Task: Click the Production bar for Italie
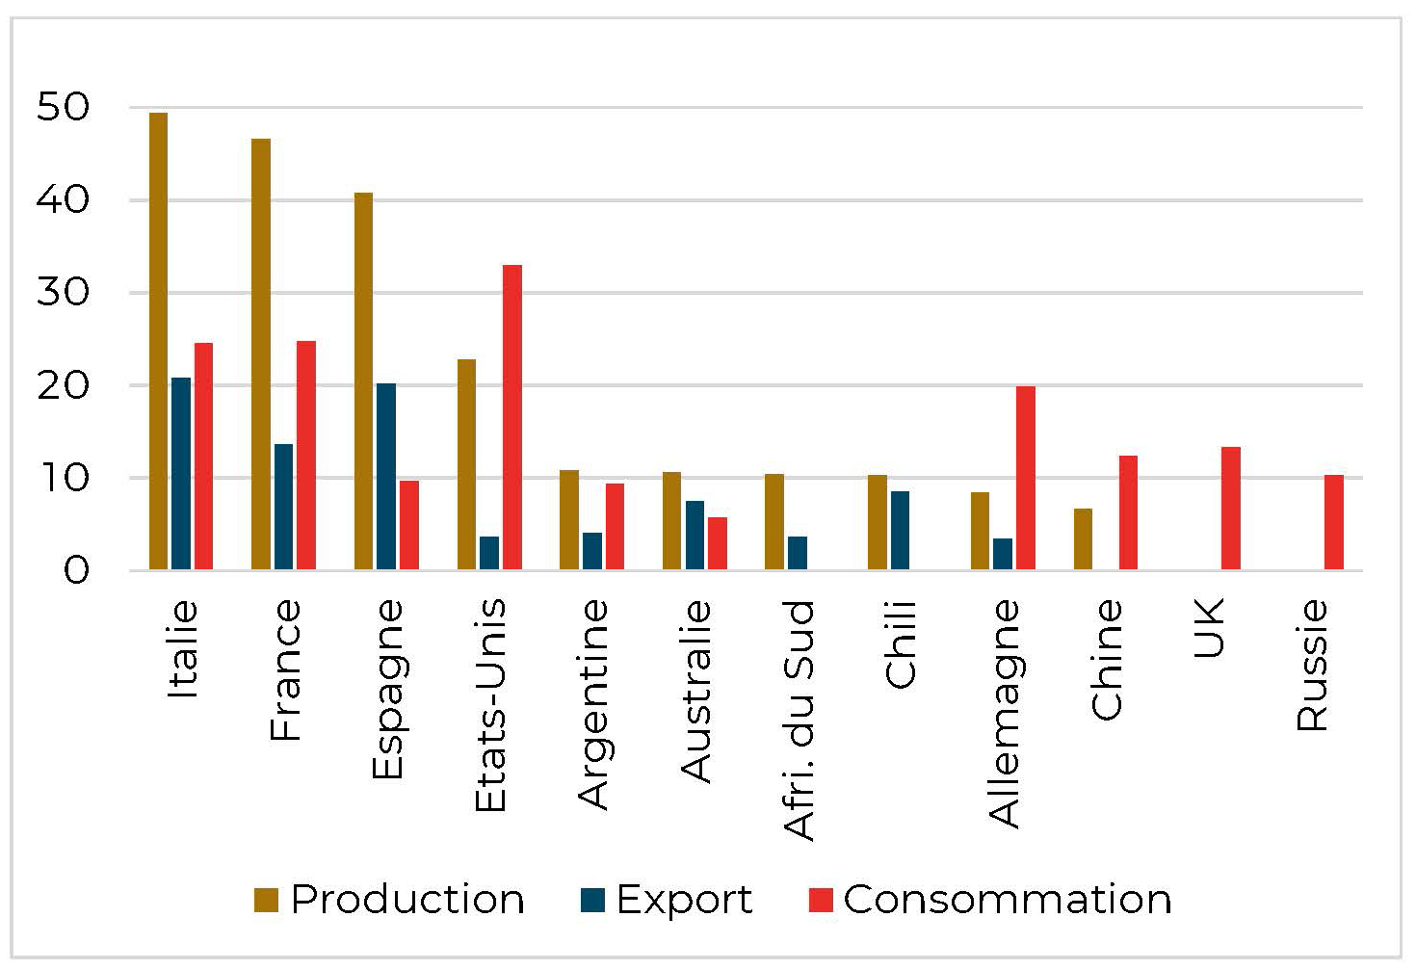[x=158, y=341]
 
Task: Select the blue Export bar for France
[x=283, y=507]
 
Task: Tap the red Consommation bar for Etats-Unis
[x=511, y=417]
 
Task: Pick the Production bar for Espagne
[x=363, y=381]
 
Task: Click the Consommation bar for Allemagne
[x=1025, y=478]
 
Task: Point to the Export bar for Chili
[x=900, y=531]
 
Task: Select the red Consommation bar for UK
[x=1230, y=509]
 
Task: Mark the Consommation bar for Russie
[x=1333, y=522]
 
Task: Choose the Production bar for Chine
[x=1083, y=539]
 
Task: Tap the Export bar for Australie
[x=695, y=536]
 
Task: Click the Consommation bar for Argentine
[x=615, y=527]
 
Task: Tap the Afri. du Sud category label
[x=799, y=721]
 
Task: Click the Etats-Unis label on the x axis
[x=490, y=705]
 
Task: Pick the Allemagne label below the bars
[x=1005, y=714]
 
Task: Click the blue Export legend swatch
[x=592, y=900]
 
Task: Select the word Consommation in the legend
[x=1007, y=899]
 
